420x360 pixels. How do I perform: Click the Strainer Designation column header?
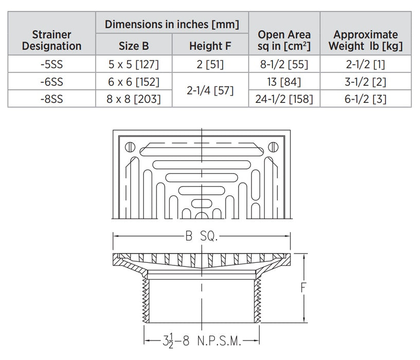[51, 40]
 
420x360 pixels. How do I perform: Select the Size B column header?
[134, 46]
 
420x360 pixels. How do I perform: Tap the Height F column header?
[210, 46]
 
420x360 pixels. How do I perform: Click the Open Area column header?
[284, 40]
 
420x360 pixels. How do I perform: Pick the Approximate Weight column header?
[365, 40]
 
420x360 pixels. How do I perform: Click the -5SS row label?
[51, 64]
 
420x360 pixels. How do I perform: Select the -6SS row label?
[51, 81]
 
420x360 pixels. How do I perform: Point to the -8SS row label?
[51, 99]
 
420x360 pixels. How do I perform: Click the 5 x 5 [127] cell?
[134, 64]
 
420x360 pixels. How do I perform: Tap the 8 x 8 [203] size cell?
[134, 99]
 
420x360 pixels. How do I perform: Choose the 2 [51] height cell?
[210, 64]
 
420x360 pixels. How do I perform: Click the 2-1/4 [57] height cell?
[210, 90]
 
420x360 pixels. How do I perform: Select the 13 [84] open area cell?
[284, 81]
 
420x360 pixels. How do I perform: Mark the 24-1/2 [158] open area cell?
[284, 99]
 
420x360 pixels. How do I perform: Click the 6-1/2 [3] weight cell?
[365, 99]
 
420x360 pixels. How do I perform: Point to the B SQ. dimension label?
[202, 236]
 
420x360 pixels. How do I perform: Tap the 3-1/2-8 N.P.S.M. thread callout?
[201, 340]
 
